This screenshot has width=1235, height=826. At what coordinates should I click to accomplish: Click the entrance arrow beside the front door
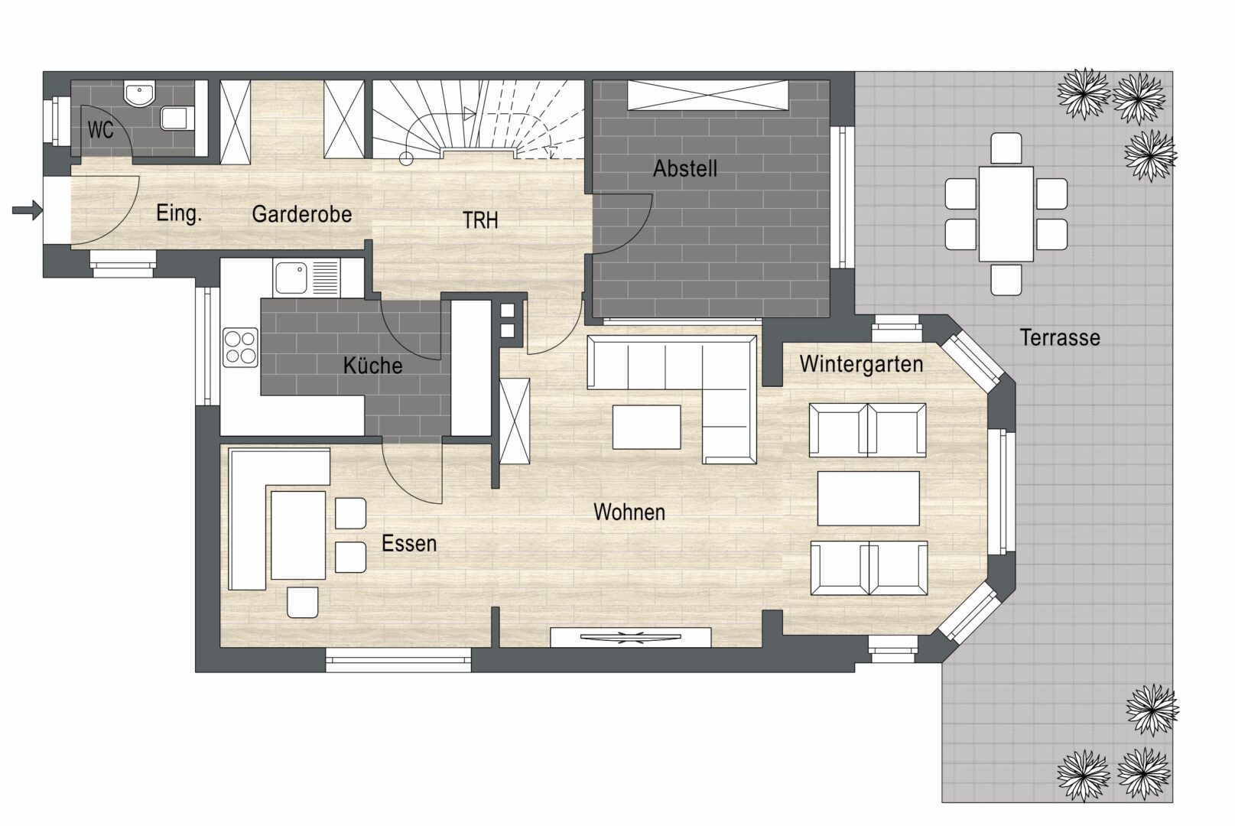pyautogui.click(x=28, y=210)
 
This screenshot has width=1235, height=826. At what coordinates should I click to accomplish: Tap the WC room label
pyautogui.click(x=100, y=130)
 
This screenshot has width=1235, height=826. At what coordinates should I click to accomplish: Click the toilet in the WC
pyautogui.click(x=176, y=118)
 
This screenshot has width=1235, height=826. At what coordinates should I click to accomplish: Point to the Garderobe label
pyautogui.click(x=301, y=214)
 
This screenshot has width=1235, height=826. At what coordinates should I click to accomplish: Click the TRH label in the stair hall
pyautogui.click(x=480, y=220)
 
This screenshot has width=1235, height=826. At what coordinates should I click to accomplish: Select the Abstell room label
pyautogui.click(x=685, y=168)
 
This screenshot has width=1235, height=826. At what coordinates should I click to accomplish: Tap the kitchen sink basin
pyautogui.click(x=291, y=278)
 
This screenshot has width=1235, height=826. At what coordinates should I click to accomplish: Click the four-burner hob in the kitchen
pyautogui.click(x=240, y=347)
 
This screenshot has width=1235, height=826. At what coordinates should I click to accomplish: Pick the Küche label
pyautogui.click(x=372, y=366)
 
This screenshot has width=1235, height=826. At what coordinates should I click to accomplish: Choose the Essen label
pyautogui.click(x=409, y=544)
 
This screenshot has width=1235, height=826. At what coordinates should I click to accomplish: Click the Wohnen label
pyautogui.click(x=629, y=512)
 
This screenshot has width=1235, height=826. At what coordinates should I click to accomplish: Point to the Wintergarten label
pyautogui.click(x=861, y=364)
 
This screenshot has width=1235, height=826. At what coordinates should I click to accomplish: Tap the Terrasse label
pyautogui.click(x=1060, y=337)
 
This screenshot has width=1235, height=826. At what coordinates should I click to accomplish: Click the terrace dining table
pyautogui.click(x=1006, y=214)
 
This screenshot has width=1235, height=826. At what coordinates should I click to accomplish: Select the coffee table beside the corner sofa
pyautogui.click(x=647, y=427)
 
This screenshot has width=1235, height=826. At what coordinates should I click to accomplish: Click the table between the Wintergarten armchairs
pyautogui.click(x=869, y=499)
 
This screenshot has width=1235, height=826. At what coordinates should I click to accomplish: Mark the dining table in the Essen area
pyautogui.click(x=297, y=535)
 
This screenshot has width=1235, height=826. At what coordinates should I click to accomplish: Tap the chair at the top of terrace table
pyautogui.click(x=1006, y=148)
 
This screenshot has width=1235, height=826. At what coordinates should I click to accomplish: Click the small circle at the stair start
pyautogui.click(x=406, y=159)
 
